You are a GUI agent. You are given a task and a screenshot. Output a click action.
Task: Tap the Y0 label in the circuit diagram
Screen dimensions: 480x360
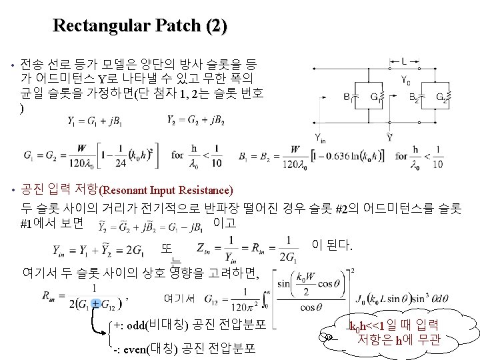click(406, 81)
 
